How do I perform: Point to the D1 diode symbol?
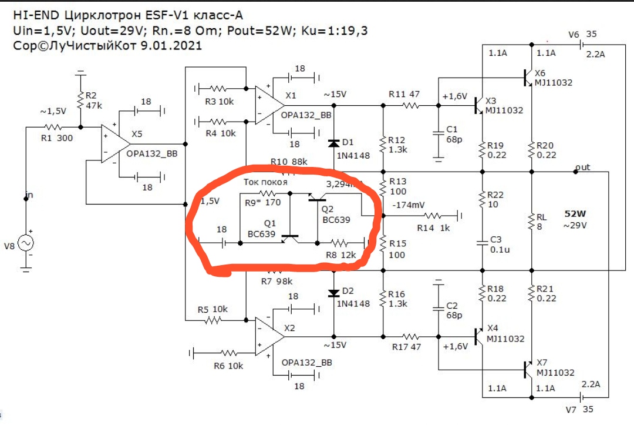click(x=333, y=143)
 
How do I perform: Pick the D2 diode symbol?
click(x=333, y=292)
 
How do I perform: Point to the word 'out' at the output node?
click(x=583, y=168)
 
